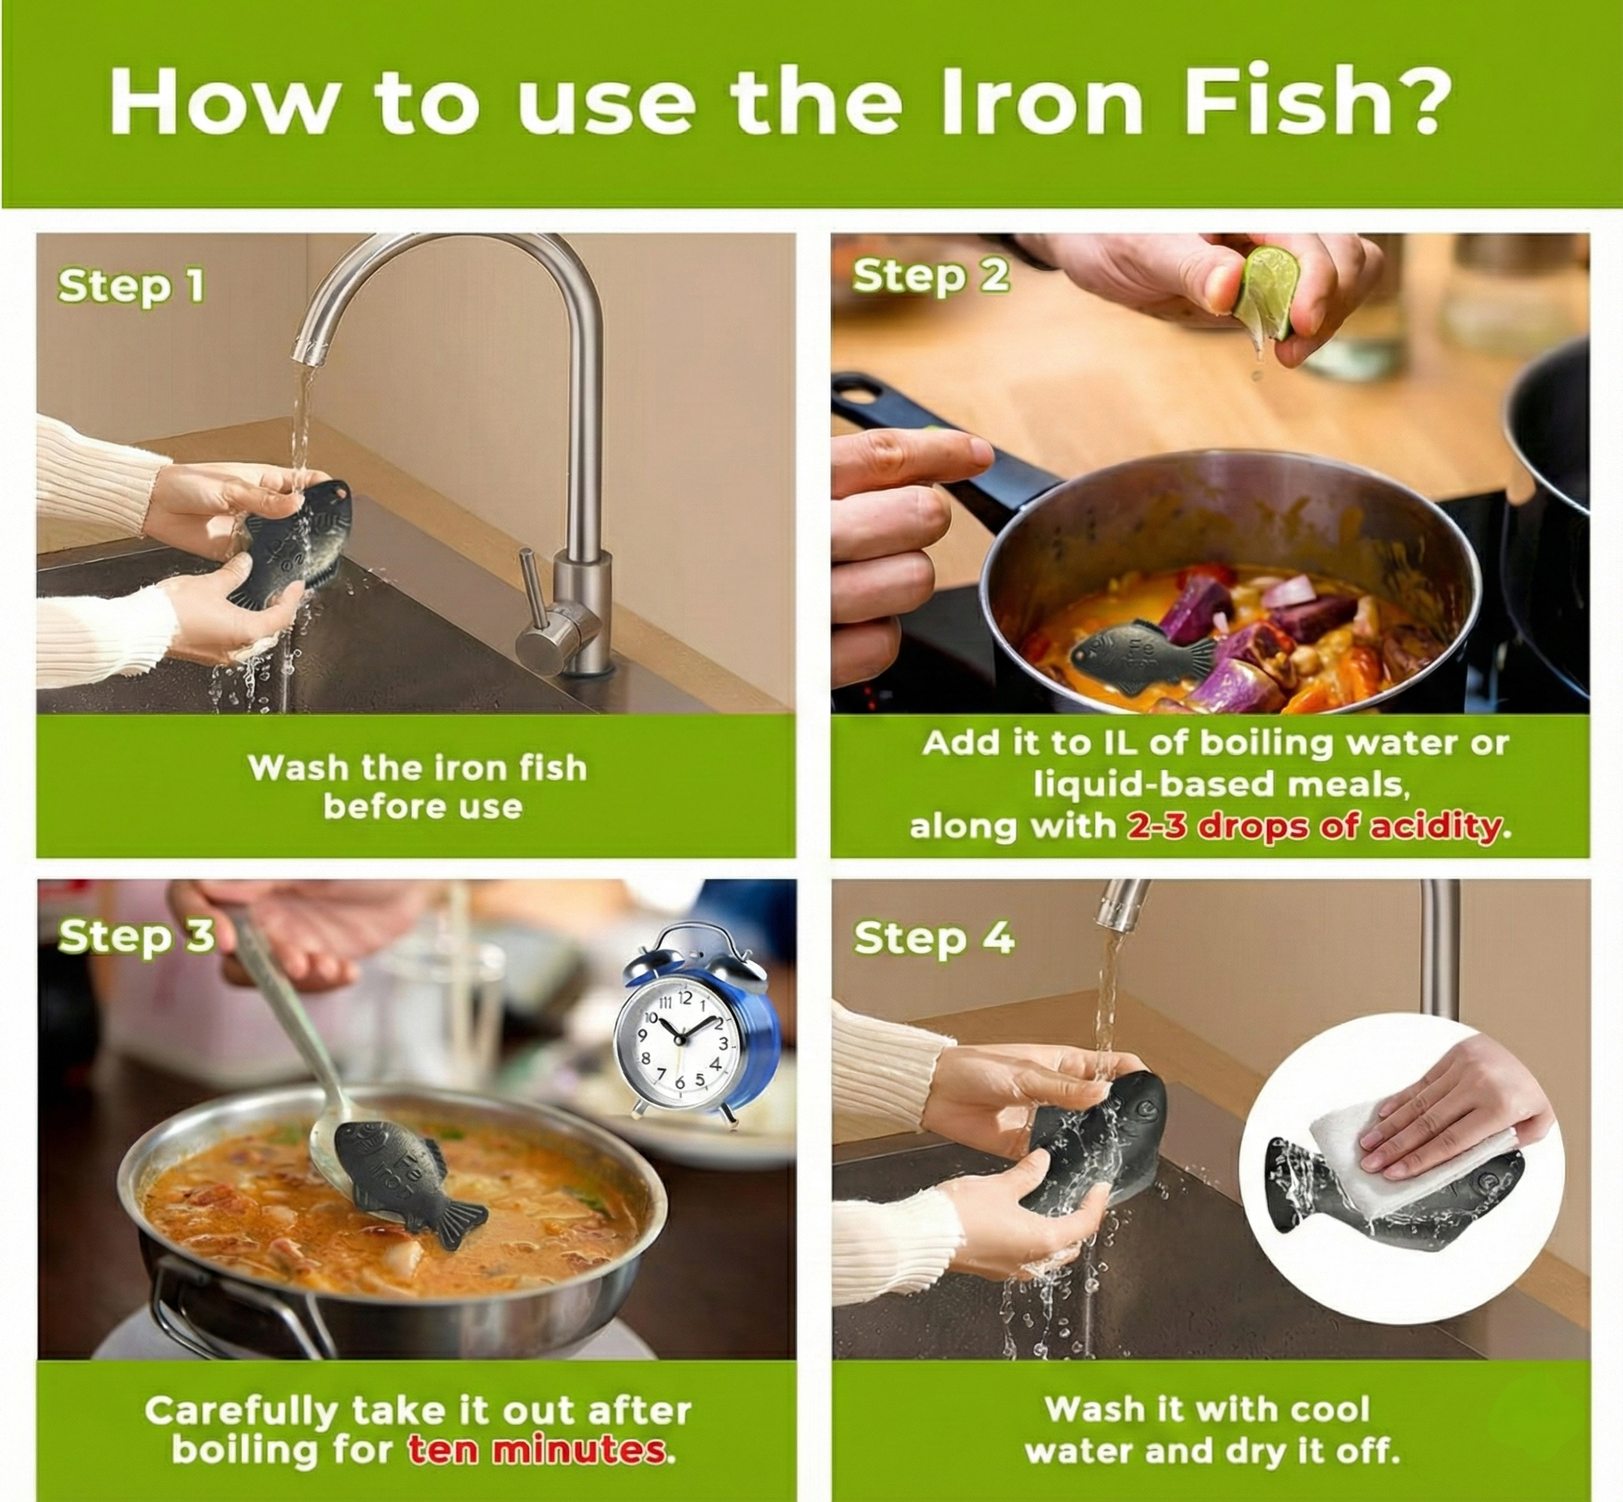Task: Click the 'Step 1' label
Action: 131,287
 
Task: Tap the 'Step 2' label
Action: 930,276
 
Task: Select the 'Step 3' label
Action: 136,936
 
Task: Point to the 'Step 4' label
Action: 934,938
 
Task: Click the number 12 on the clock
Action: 685,997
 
